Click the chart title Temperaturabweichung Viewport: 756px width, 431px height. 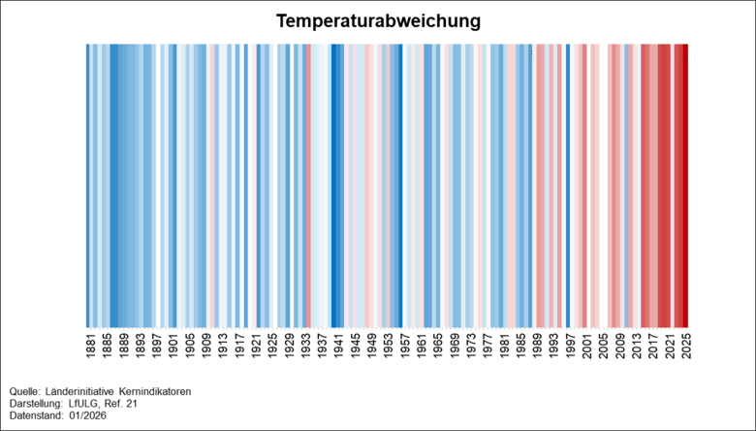click(378, 20)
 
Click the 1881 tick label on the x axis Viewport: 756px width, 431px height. click(89, 348)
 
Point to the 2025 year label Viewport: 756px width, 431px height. click(685, 348)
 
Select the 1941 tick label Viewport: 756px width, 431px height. click(337, 348)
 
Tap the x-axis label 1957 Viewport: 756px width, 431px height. click(404, 348)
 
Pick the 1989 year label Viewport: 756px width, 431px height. click(536, 348)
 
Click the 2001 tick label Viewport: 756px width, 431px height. click(586, 348)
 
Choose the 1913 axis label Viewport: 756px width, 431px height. click(222, 348)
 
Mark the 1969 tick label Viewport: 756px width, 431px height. click(454, 348)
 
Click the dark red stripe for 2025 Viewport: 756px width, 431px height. click(685, 184)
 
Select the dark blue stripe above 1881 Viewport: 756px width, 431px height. click(88, 184)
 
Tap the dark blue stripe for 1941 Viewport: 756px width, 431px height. click(336, 184)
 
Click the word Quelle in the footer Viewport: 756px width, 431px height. click(24, 391)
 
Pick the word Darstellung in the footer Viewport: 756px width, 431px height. click(34, 403)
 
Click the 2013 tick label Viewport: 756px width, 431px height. click(636, 348)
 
